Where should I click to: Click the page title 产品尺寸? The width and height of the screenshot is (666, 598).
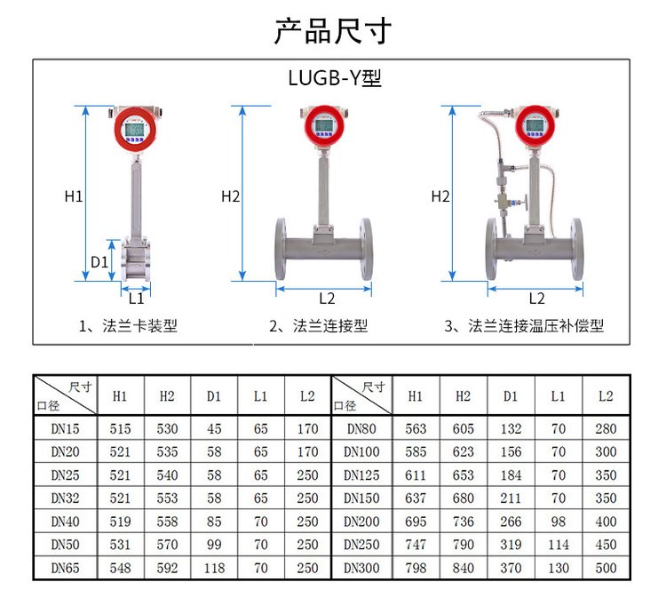click(x=333, y=30)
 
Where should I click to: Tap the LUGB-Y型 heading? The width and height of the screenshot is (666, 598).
click(x=335, y=78)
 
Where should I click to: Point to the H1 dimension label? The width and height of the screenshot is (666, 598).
click(x=74, y=196)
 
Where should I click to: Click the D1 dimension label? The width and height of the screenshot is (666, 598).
click(x=99, y=262)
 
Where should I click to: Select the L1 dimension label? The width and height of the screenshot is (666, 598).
click(x=137, y=299)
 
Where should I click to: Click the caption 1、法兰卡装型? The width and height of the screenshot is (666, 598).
click(x=128, y=326)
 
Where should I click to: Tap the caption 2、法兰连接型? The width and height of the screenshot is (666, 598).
click(x=318, y=326)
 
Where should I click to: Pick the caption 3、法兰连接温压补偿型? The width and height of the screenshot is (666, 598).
click(x=524, y=326)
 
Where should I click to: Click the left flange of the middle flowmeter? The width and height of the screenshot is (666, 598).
click(x=281, y=249)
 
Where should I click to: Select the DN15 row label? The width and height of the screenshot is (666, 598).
click(x=65, y=428)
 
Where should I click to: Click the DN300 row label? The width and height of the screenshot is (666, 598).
click(x=361, y=568)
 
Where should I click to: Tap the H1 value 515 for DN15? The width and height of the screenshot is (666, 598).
click(x=120, y=428)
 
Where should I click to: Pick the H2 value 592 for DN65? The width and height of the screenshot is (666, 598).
click(x=167, y=568)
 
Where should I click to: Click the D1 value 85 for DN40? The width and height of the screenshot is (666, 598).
click(x=214, y=522)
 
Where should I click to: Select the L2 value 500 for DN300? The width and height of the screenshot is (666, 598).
click(x=606, y=568)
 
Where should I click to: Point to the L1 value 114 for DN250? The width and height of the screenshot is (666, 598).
click(x=559, y=545)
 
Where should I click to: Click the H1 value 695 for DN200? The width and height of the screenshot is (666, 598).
click(x=416, y=522)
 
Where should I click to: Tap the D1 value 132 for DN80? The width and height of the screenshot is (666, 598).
click(x=511, y=428)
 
